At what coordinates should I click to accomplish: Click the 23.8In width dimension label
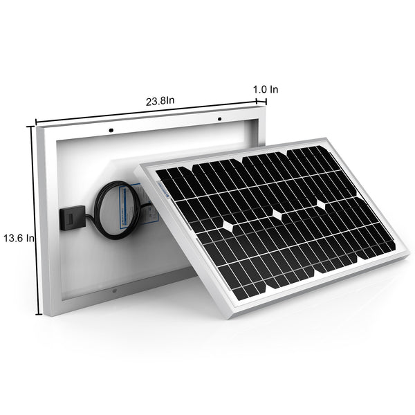click(x=160, y=100)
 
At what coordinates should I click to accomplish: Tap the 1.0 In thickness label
click(x=266, y=89)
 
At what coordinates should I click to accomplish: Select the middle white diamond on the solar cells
click(x=277, y=214)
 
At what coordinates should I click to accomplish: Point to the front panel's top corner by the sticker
click(x=136, y=167)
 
